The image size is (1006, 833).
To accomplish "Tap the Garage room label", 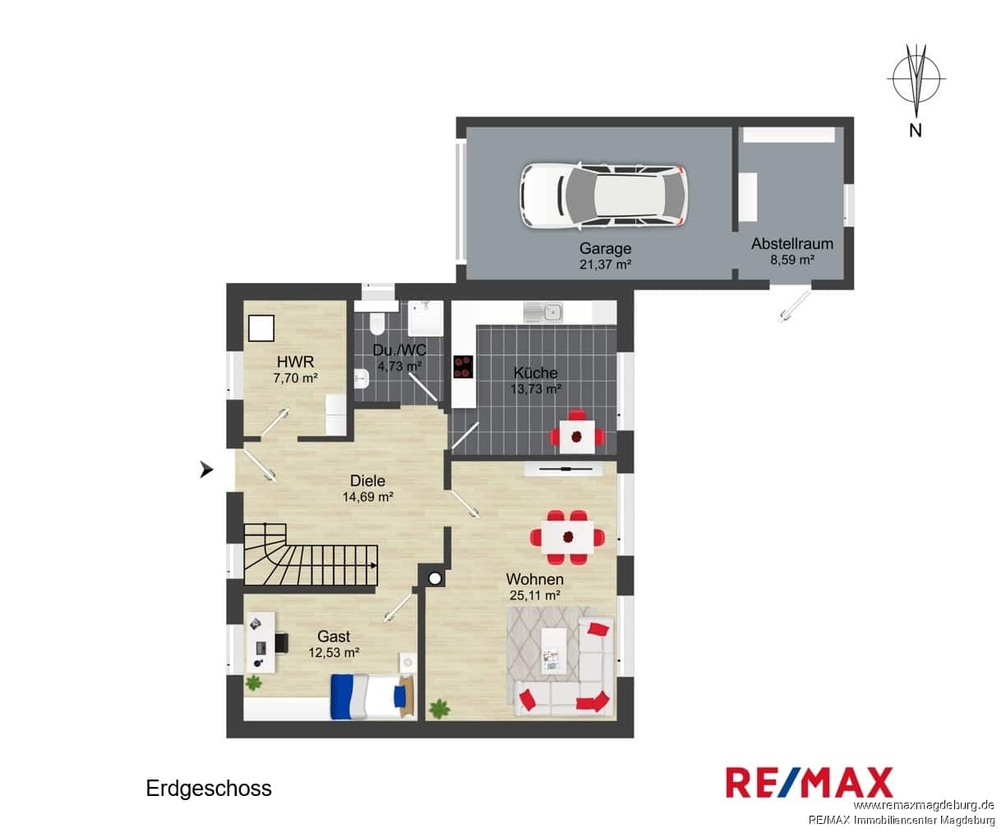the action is pyautogui.click(x=605, y=248).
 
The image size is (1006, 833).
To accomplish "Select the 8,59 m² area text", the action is pyautogui.click(x=792, y=260).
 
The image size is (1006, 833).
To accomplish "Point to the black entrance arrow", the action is pyautogui.click(x=206, y=469).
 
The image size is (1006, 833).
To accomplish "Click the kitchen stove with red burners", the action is pyautogui.click(x=463, y=367).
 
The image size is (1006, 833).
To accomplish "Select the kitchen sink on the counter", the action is pyautogui.click(x=543, y=312).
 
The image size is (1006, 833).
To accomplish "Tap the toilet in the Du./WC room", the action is pyautogui.click(x=376, y=324).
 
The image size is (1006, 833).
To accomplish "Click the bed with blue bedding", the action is pyautogui.click(x=372, y=696).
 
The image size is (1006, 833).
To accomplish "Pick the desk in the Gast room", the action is pyautogui.click(x=261, y=642).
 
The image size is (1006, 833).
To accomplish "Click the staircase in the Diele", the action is pyautogui.click(x=311, y=555).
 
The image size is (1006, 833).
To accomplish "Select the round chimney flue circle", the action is pyautogui.click(x=435, y=579).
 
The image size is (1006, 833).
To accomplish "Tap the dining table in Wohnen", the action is pyautogui.click(x=567, y=537).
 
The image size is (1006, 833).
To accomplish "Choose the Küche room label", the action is pyautogui.click(x=535, y=373).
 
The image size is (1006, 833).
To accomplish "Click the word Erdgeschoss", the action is pyautogui.click(x=209, y=788).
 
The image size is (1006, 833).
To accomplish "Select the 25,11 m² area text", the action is pyautogui.click(x=535, y=595).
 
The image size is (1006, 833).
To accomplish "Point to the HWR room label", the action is pyautogui.click(x=295, y=362).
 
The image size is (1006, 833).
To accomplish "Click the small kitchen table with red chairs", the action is pyautogui.click(x=577, y=437).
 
